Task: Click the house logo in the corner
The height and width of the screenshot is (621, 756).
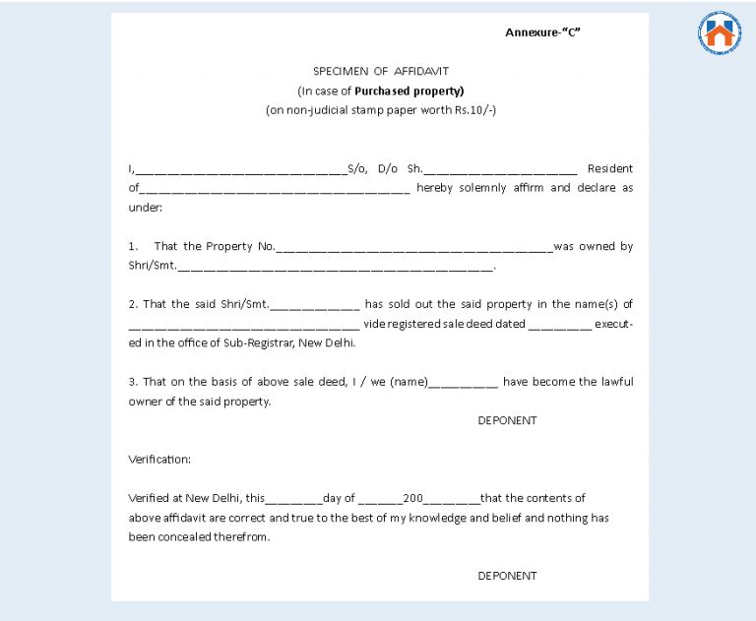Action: [720, 33]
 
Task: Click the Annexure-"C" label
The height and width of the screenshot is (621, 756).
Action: [542, 32]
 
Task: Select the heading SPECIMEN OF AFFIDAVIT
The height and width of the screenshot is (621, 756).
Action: [380, 71]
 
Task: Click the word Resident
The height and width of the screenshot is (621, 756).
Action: [609, 168]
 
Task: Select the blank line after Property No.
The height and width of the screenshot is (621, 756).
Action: [414, 248]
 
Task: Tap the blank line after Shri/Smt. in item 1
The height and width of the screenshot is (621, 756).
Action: [335, 268]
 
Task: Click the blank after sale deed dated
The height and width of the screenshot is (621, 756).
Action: [559, 325]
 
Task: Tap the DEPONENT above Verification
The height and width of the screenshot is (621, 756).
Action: [507, 420]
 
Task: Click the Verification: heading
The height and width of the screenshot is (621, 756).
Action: [159, 459]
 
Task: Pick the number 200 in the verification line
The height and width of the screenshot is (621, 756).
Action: [412, 498]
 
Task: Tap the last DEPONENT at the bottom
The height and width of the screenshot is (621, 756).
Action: [507, 576]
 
